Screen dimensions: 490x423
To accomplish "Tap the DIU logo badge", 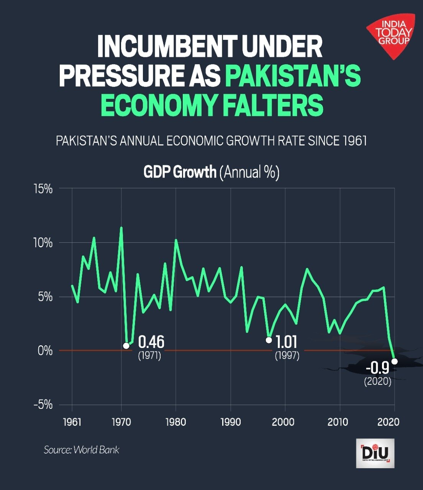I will (375, 453).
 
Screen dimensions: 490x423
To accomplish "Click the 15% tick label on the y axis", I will (42, 189).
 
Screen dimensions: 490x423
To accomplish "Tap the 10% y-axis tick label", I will (42, 243).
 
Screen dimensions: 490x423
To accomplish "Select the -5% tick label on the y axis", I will (42, 405).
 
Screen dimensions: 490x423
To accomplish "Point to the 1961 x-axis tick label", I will (72, 422).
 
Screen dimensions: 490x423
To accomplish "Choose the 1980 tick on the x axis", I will (175, 422).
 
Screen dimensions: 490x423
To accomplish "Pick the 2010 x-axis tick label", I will (338, 422).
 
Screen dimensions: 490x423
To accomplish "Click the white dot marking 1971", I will (126, 346).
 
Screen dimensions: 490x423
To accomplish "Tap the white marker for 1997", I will (269, 340).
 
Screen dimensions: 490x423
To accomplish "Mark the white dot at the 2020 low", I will (395, 361).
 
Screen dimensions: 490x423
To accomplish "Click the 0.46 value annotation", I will (151, 342).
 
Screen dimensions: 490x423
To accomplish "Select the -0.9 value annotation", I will (377, 368).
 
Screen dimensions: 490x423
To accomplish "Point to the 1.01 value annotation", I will (286, 342).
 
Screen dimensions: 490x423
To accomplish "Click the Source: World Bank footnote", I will (81, 449).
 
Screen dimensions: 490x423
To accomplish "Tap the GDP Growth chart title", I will (211, 172).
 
